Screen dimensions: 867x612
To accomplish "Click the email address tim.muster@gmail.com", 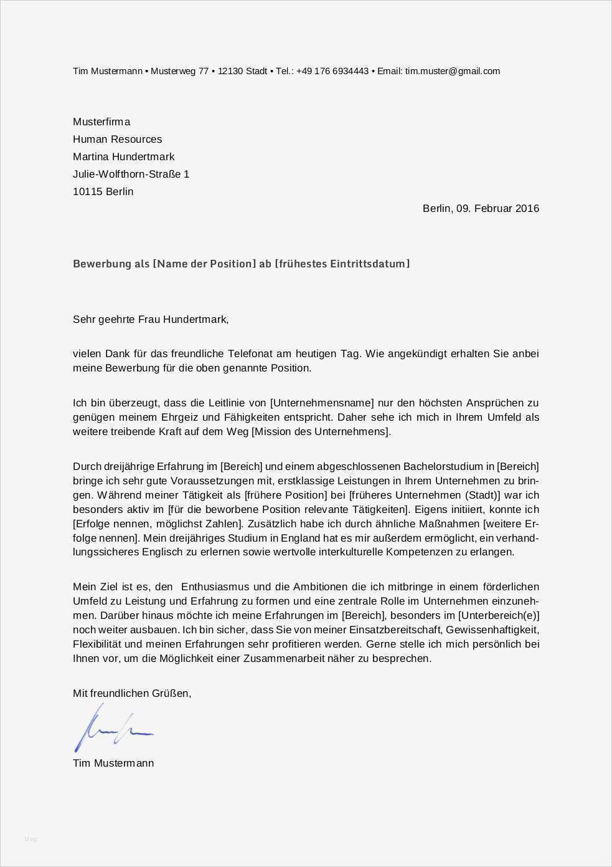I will point(452,71).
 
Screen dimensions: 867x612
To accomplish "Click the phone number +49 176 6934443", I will point(332,71).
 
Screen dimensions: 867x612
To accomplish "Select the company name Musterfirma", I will point(101,122).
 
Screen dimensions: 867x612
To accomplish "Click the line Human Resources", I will point(117,139).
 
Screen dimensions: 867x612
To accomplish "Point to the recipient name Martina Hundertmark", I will point(123,156).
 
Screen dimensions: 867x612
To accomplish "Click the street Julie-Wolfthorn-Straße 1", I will point(131,174).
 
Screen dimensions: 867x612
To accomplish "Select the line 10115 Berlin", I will point(103,191).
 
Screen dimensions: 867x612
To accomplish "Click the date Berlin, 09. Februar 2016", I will point(481,208).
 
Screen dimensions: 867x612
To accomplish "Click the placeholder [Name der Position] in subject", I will point(204,264).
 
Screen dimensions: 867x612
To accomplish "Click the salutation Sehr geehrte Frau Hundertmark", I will point(150,319).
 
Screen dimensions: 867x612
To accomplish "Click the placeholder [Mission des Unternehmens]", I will point(321,431).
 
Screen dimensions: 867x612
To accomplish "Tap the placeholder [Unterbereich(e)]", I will point(498,615).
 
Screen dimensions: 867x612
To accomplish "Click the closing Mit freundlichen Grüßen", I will point(131,692).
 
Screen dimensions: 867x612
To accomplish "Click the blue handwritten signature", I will point(112,728).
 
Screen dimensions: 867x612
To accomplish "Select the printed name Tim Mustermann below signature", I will point(113,763).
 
